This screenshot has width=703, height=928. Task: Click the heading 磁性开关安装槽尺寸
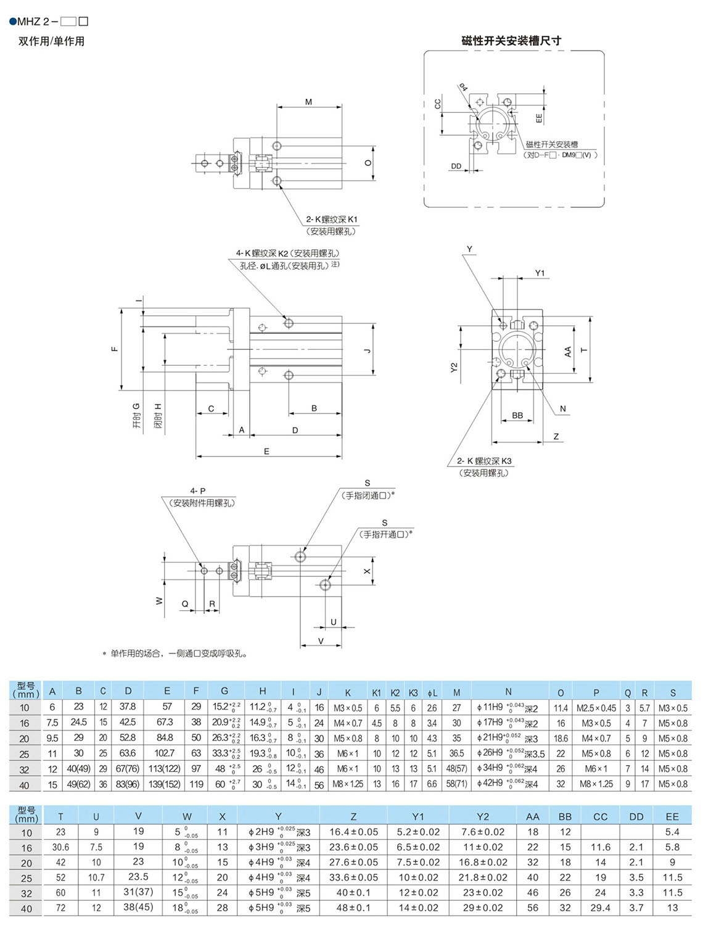point(511,41)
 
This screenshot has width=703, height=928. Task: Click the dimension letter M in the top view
point(309,102)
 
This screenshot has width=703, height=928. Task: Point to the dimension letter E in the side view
point(266,452)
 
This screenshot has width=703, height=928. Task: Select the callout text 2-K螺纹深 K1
point(332,219)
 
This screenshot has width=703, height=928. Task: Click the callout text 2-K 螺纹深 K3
point(484,461)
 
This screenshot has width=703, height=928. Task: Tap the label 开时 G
point(136,415)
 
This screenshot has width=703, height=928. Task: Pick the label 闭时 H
point(158,416)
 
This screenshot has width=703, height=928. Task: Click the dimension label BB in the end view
point(517,415)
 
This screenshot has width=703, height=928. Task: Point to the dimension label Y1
point(540,273)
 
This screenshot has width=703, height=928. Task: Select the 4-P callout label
point(198,491)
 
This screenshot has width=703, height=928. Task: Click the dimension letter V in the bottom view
point(321,641)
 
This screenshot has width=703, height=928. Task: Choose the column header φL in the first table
point(432,693)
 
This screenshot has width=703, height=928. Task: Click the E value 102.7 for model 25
point(165,753)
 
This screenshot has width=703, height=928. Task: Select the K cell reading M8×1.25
point(348,784)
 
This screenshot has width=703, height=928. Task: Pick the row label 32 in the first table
point(25,769)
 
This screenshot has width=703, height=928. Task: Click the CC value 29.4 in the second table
point(600,908)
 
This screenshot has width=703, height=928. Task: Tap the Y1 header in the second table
point(418,816)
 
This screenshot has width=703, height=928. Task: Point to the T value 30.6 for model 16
point(60,848)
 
